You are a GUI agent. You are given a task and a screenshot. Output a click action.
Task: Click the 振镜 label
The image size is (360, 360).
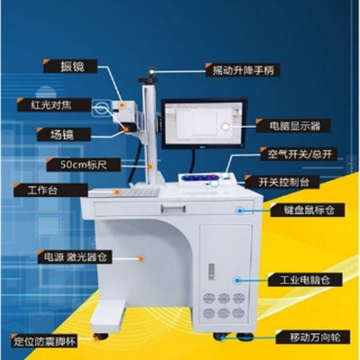(x=70, y=67)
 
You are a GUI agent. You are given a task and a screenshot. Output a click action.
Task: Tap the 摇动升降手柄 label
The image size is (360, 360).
(x=243, y=70)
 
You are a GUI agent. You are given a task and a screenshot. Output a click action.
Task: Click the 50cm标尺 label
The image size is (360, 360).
(x=84, y=165)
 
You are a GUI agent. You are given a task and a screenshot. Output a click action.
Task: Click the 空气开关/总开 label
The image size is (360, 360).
(x=299, y=154)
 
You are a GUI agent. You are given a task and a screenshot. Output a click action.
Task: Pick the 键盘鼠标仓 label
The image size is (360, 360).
(x=308, y=210)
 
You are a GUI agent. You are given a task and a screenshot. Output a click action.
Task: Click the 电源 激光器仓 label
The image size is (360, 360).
(x=75, y=257)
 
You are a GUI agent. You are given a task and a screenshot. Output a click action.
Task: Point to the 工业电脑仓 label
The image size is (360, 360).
(x=305, y=280)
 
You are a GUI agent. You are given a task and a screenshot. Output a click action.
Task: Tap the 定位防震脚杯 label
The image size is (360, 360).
(x=44, y=341)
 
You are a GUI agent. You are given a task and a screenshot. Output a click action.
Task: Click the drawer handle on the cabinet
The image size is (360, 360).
(x=173, y=208)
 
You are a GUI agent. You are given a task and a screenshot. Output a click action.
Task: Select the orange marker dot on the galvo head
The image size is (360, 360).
(x=122, y=105)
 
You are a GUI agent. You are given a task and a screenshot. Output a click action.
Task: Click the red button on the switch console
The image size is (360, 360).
(x=214, y=177)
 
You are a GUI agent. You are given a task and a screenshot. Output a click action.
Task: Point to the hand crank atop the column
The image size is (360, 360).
(x=148, y=77)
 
